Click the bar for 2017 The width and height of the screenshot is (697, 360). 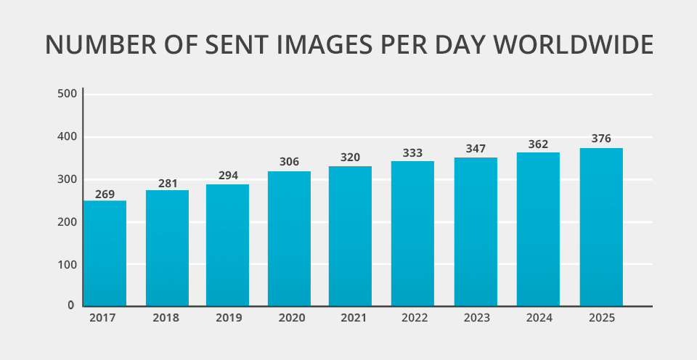[x=105, y=253]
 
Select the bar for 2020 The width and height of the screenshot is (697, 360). [x=289, y=239]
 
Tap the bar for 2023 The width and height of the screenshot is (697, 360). [x=476, y=232]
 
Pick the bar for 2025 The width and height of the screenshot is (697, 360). [x=601, y=227]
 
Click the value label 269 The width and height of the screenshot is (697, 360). [x=105, y=194]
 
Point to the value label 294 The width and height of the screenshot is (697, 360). [x=227, y=176]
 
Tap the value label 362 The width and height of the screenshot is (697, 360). [x=538, y=144]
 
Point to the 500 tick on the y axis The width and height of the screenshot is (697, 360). [x=67, y=94]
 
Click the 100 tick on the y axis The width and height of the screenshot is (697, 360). [x=67, y=264]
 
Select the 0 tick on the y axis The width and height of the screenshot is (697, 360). [x=71, y=306]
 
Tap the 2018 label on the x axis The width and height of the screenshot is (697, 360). [x=167, y=318]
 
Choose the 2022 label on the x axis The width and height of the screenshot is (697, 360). [x=412, y=318]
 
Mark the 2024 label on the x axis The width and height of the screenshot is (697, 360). [x=538, y=318]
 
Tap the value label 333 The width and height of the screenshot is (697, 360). [x=412, y=153]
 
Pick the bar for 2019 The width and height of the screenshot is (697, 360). [x=227, y=245]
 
